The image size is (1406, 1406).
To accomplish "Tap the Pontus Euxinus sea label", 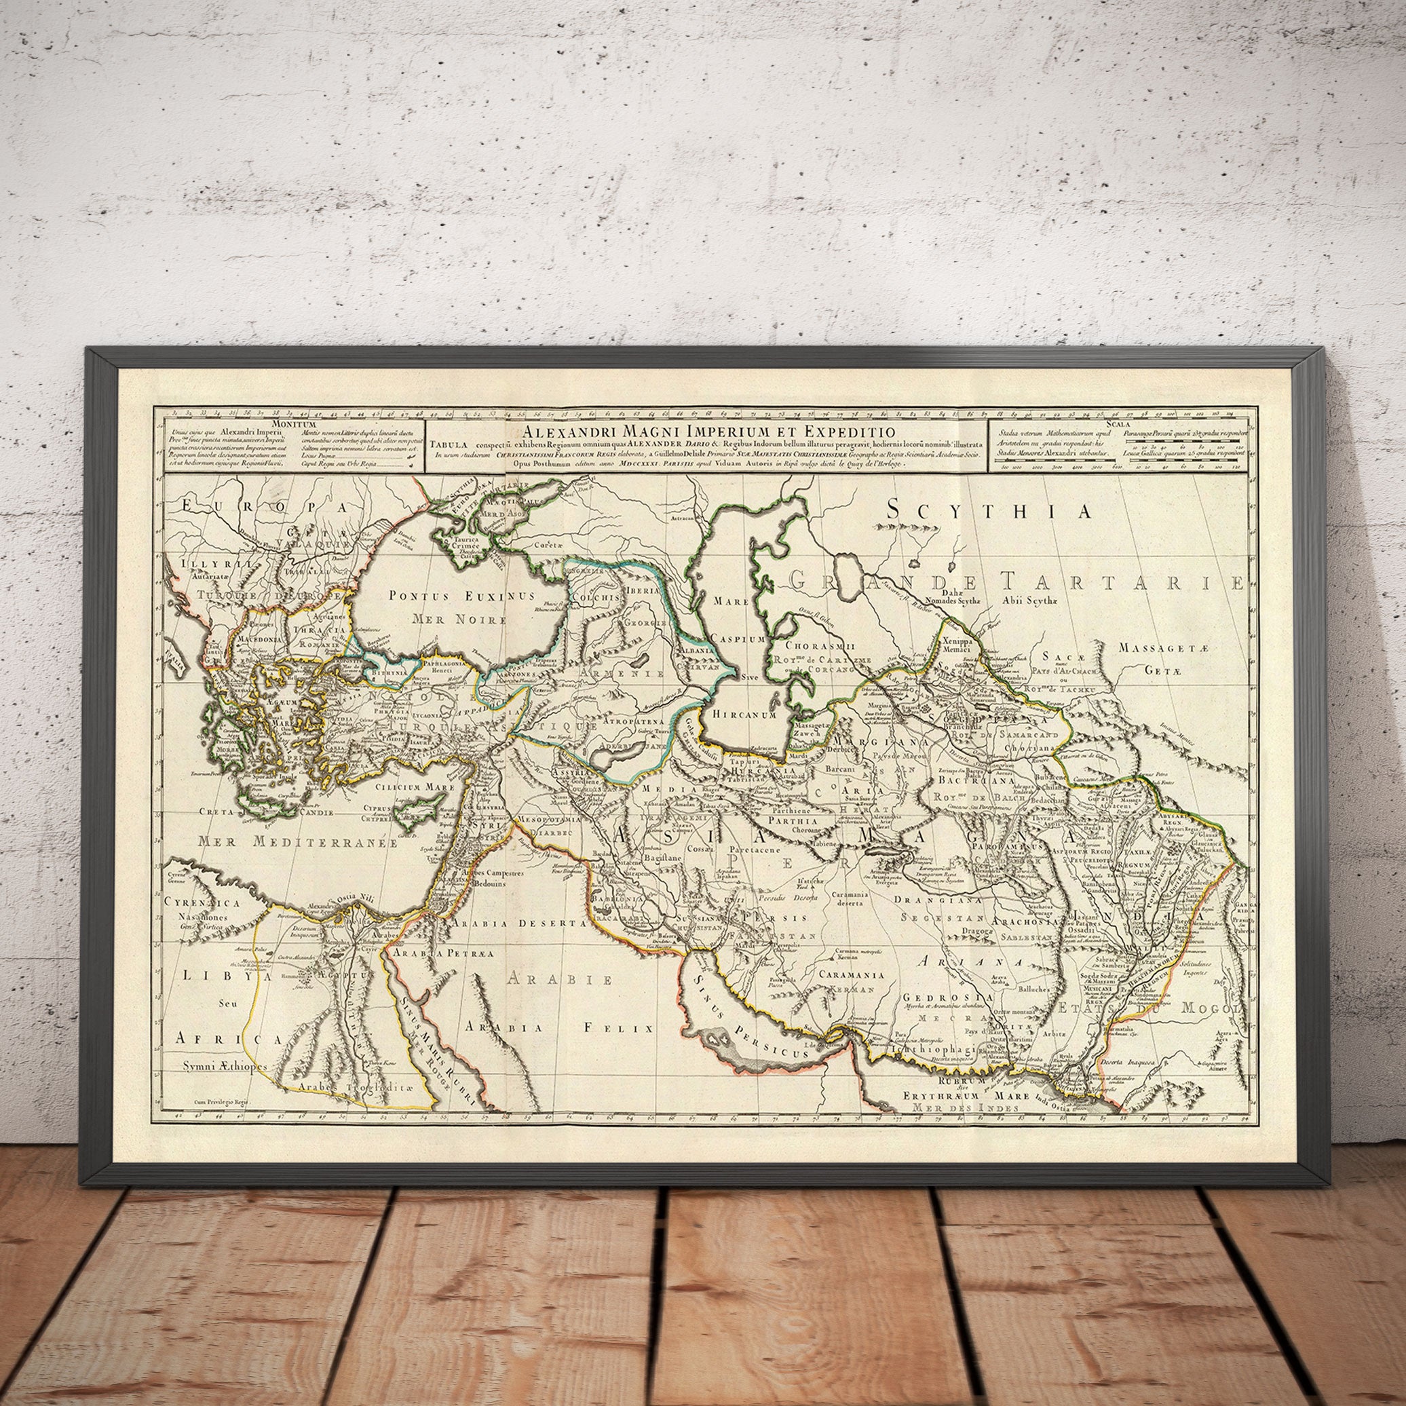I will tap(461, 596).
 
